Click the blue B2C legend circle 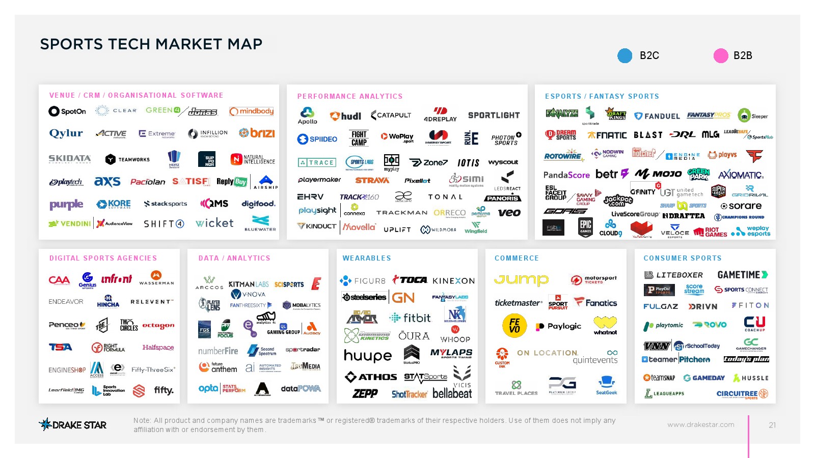tap(624, 55)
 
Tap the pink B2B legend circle tap(721, 55)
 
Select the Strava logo tap(372, 180)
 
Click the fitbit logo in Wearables tap(410, 318)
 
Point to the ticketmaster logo tap(518, 303)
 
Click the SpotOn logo tap(67, 111)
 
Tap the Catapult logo tap(391, 115)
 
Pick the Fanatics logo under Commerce tap(595, 302)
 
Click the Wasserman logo tap(156, 278)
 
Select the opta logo tap(208, 388)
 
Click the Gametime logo tap(742, 275)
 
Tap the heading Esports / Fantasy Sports tap(602, 96)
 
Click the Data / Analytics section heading tap(234, 258)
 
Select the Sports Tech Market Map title tap(151, 44)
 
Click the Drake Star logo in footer tap(73, 424)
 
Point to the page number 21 tap(772, 425)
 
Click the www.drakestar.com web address tap(700, 424)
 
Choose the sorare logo tap(741, 206)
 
